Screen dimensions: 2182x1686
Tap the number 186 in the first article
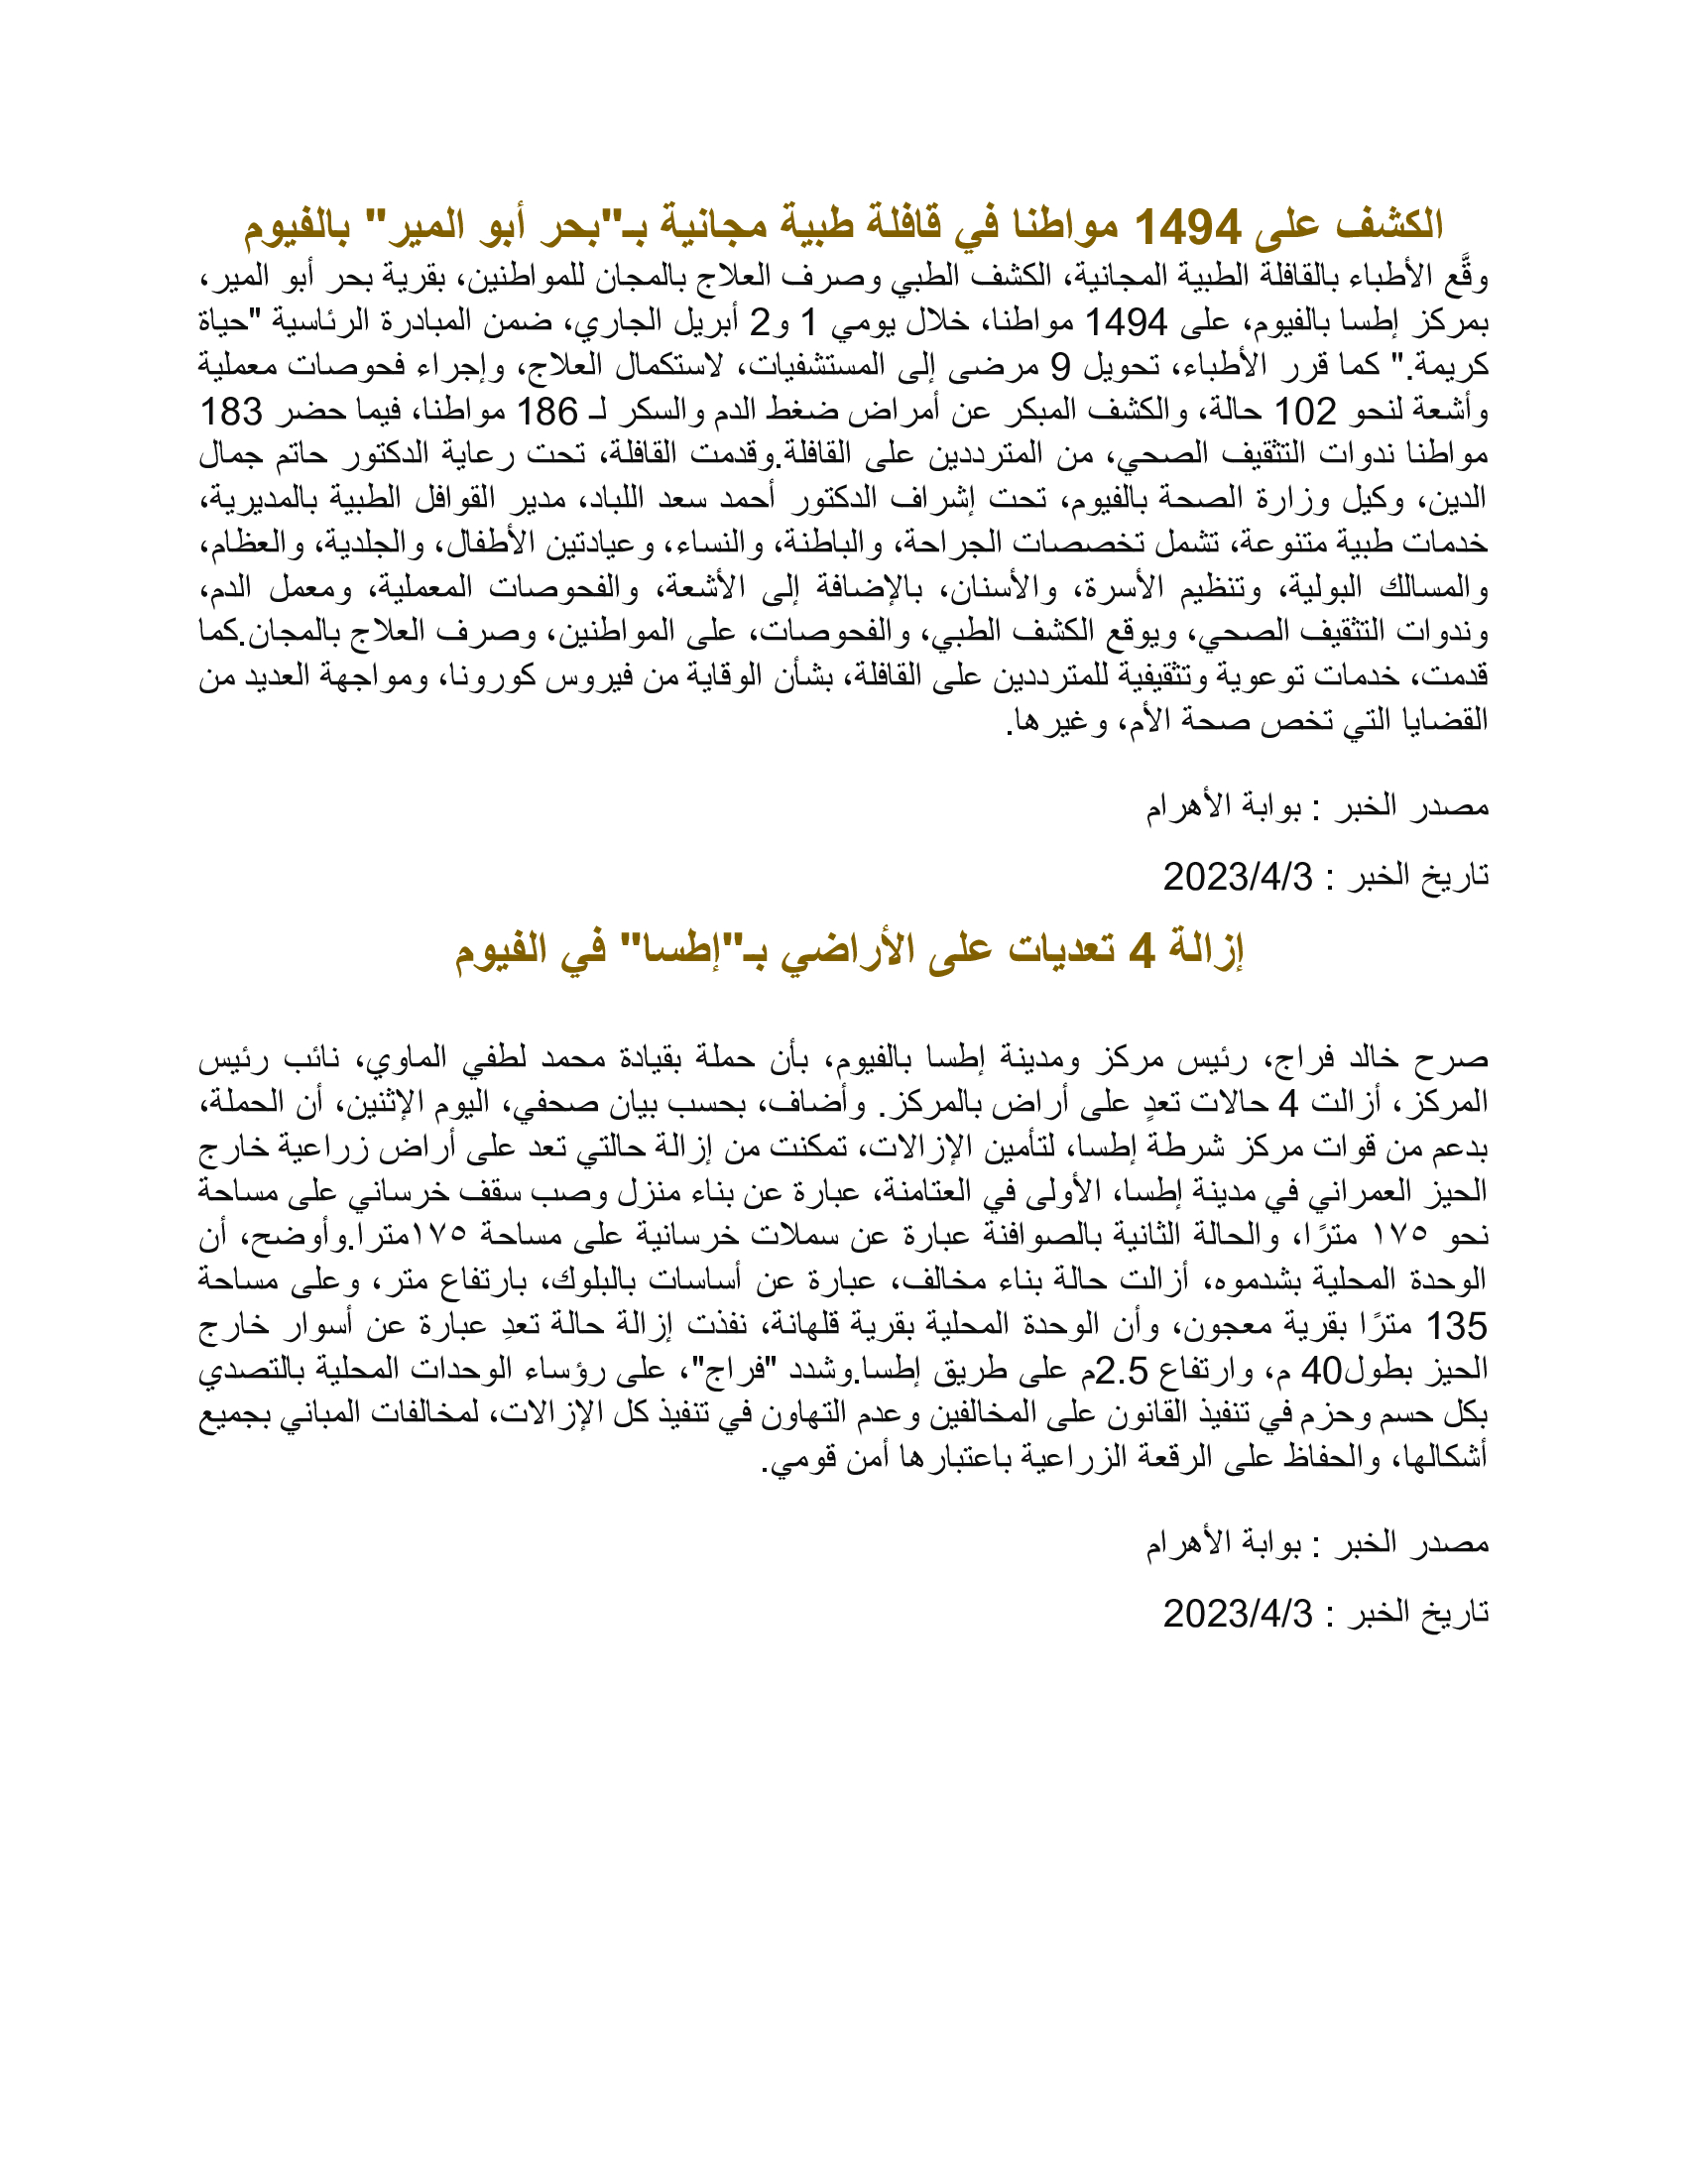(546, 412)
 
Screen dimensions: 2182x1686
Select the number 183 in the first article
(232, 412)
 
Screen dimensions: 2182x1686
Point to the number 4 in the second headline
(1142, 951)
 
